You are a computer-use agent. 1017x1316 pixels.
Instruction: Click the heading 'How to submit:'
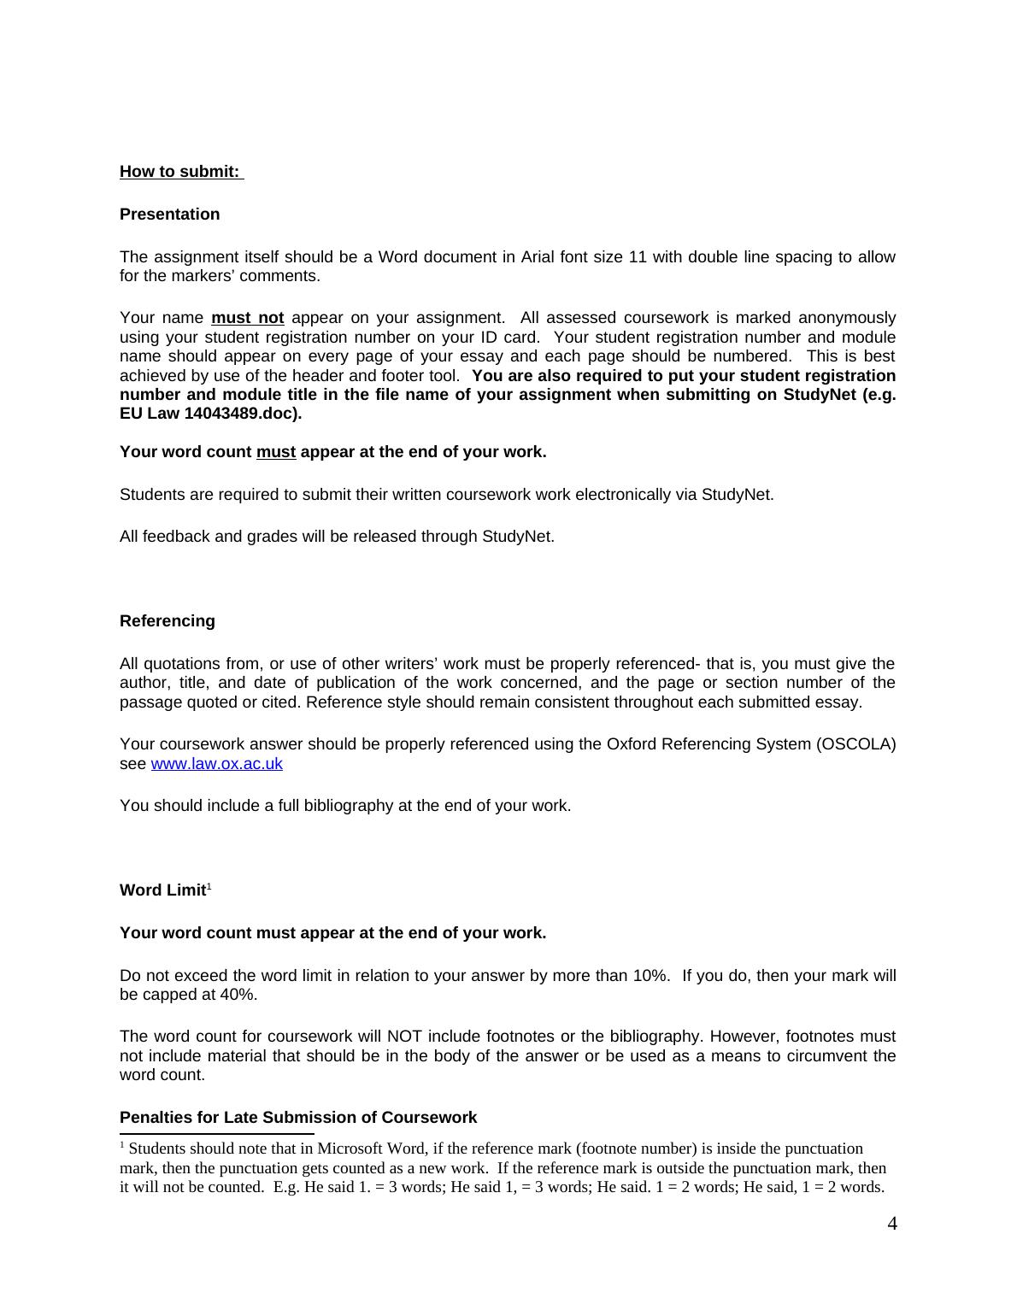coord(180,172)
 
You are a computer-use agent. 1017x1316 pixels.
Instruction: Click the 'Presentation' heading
coord(169,214)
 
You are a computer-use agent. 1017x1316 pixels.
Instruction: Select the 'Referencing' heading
coord(168,621)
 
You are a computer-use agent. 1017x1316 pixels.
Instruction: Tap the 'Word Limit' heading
coord(163,890)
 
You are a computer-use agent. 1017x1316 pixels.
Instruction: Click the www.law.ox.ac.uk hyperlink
coord(216,764)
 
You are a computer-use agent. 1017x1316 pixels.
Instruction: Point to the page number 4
coord(892,1224)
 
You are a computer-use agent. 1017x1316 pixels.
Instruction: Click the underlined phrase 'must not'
coord(247,318)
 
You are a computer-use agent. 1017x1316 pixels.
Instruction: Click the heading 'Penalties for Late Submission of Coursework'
coord(298,1118)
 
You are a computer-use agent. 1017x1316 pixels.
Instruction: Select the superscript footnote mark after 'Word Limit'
coord(209,886)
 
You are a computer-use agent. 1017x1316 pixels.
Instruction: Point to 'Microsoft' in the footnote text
coord(352,1149)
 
